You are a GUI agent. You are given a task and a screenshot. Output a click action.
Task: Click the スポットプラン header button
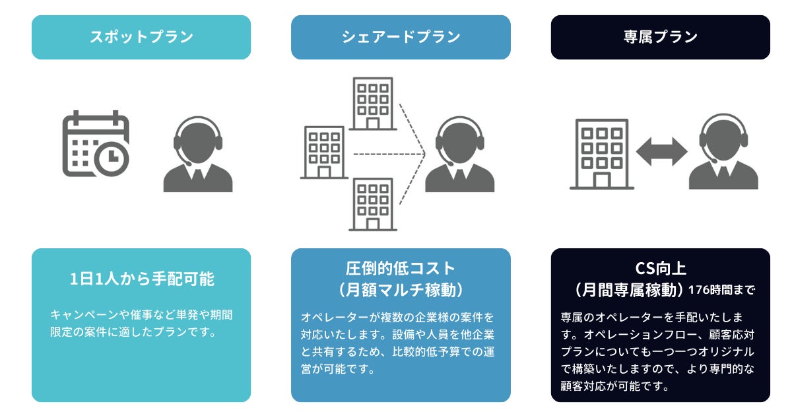[141, 37]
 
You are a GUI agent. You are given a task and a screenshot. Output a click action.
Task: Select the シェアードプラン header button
[401, 37]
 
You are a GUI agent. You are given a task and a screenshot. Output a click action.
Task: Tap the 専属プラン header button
[660, 37]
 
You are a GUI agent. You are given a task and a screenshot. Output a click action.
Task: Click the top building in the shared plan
[373, 104]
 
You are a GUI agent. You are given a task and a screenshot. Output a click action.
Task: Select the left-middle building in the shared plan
[324, 153]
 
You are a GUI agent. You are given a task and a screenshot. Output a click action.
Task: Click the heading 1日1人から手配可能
[141, 279]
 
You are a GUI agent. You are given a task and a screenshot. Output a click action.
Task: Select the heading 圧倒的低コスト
[401, 268]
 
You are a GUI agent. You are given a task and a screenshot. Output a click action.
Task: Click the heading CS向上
[660, 268]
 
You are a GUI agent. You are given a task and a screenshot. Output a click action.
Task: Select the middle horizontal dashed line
[387, 154]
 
